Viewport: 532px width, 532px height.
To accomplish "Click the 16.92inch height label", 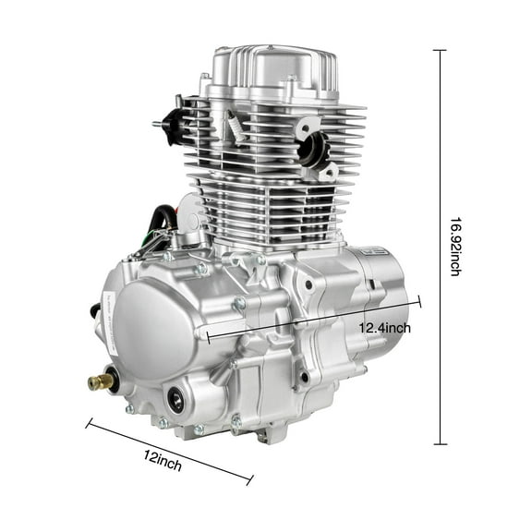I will pos(455,247).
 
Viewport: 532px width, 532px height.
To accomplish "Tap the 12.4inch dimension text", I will pos(385,328).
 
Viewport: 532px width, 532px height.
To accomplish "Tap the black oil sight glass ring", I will pos(175,400).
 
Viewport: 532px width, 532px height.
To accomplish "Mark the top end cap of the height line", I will pos(439,50).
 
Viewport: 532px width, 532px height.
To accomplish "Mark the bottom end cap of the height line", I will pos(439,444).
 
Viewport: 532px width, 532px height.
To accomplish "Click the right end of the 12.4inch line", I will pos(420,301).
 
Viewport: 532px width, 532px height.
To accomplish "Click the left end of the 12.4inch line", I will pos(208,337).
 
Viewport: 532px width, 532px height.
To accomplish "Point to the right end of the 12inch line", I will pos(250,480).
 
